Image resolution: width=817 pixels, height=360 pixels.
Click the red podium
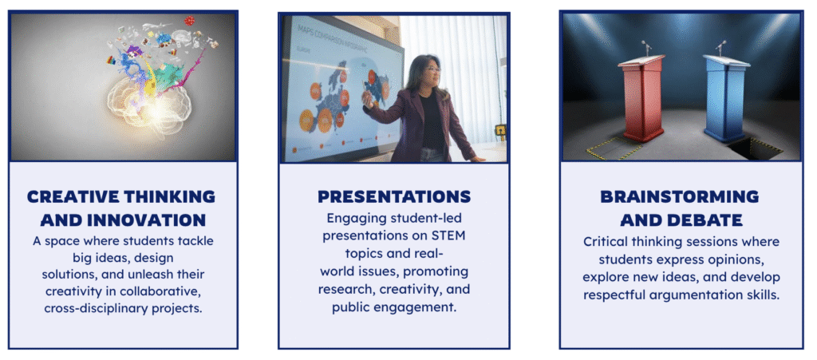click(642, 98)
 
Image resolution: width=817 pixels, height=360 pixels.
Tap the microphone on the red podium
click(646, 48)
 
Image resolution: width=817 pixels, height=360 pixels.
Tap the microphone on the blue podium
click(721, 48)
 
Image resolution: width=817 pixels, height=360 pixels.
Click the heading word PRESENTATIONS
click(394, 196)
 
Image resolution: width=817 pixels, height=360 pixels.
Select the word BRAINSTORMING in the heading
click(680, 196)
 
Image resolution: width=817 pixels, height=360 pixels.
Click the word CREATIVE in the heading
click(73, 196)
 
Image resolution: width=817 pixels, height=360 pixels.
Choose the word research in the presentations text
click(339, 289)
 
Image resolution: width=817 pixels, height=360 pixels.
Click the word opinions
click(738, 259)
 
